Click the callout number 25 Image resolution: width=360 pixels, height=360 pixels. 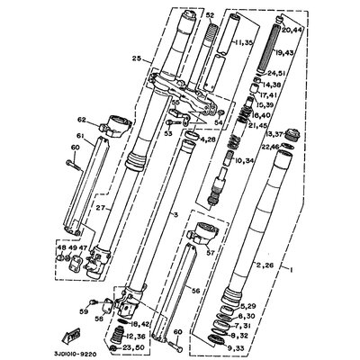click(x=136, y=58)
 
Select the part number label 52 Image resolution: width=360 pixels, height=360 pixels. click(x=210, y=16)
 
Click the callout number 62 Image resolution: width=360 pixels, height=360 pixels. click(x=81, y=119)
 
